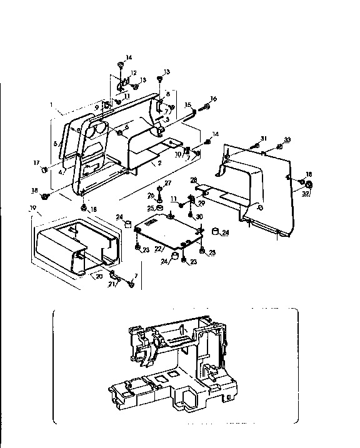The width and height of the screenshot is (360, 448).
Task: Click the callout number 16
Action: click(x=213, y=99)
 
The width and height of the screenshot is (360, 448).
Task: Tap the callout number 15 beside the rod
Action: click(x=188, y=104)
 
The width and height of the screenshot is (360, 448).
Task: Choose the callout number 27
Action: click(x=167, y=182)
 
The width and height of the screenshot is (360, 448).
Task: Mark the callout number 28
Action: click(x=193, y=180)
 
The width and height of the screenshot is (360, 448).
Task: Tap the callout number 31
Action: click(x=264, y=138)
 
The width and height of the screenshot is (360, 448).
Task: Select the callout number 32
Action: click(x=306, y=194)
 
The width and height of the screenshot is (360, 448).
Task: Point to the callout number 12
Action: click(x=133, y=73)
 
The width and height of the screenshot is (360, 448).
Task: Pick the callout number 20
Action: click(x=98, y=276)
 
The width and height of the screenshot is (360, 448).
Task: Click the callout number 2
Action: click(x=160, y=163)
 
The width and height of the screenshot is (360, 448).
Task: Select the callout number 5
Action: click(x=54, y=143)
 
